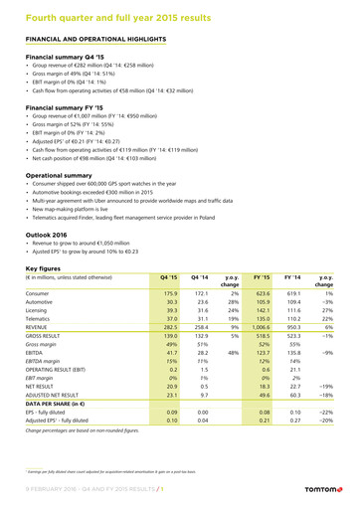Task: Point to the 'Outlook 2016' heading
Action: pyautogui.click(x=51, y=235)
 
